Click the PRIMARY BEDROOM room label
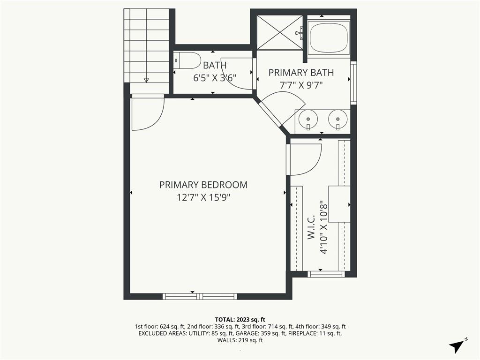(203, 185)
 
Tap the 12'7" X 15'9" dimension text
(203, 197)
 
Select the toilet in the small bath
(187, 60)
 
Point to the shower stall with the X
(280, 32)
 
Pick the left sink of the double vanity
(308, 119)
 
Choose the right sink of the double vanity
(338, 119)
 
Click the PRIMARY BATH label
(301, 73)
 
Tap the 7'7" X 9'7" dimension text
(301, 85)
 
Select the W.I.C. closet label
(311, 227)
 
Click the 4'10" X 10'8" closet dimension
(323, 227)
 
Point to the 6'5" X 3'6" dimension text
(215, 78)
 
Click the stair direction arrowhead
(146, 80)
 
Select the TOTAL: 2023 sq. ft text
(240, 320)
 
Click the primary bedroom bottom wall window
(200, 296)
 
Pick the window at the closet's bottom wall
(326, 274)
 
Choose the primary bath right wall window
(353, 82)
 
